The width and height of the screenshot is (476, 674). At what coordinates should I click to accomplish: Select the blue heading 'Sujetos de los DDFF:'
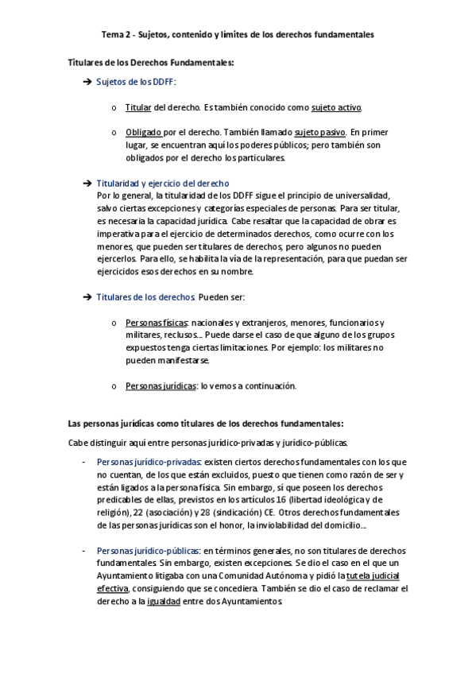(x=136, y=82)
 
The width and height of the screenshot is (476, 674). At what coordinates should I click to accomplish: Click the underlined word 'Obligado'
(x=144, y=132)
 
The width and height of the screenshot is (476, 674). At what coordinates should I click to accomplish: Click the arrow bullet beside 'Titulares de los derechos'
(x=87, y=297)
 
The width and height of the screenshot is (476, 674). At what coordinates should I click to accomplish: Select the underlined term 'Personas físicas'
(x=156, y=323)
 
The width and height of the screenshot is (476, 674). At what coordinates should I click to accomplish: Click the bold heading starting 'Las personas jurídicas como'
(x=206, y=424)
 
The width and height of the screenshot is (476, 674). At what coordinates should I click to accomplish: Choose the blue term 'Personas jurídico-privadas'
(x=149, y=462)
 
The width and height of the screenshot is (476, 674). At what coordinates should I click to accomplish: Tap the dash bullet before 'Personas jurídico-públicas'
(x=85, y=551)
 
